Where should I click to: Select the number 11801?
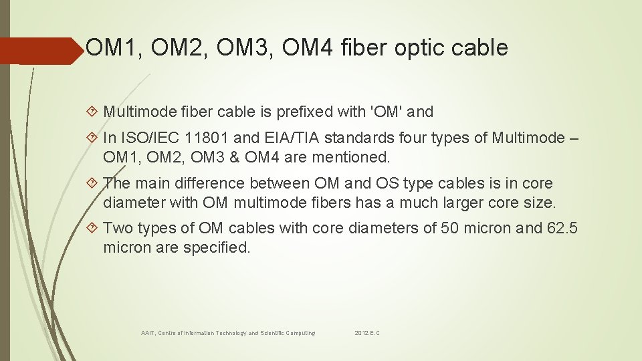tap(207, 138)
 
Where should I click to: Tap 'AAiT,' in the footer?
tap(148, 332)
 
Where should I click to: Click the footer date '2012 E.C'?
tap(367, 332)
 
